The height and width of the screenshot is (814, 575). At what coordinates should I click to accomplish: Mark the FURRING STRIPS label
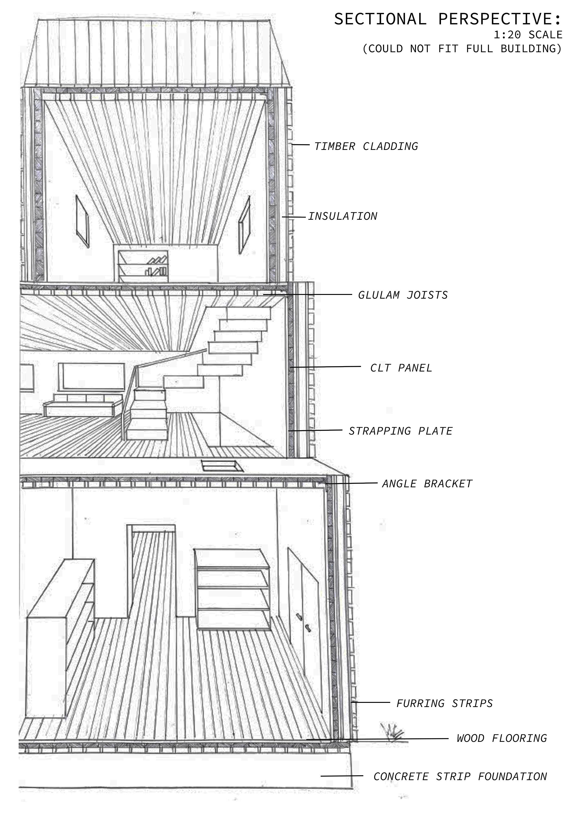click(x=444, y=703)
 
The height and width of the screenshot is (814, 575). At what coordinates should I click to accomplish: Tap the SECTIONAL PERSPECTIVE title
click(x=448, y=19)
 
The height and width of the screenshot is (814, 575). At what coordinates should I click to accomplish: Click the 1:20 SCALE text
click(x=528, y=35)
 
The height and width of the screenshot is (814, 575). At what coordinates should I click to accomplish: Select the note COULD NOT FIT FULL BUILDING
click(x=462, y=48)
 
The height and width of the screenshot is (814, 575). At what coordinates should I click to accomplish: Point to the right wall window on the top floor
click(x=244, y=225)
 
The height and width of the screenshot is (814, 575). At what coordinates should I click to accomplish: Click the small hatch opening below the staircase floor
click(x=222, y=465)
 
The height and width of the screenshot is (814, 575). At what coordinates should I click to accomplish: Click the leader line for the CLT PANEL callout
click(x=326, y=367)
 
